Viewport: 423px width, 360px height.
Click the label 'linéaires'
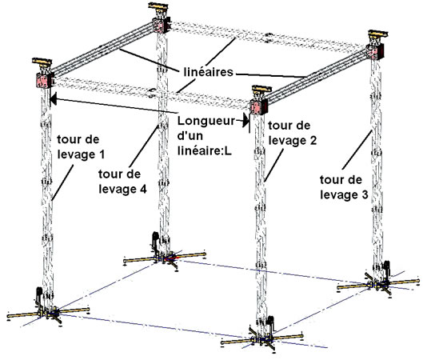point(208,72)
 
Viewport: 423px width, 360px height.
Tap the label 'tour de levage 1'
point(81,147)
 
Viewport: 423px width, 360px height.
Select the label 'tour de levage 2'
point(293,133)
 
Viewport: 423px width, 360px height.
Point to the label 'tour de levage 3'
point(344,187)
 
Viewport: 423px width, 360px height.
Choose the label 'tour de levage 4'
point(122,182)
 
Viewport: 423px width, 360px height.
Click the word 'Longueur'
point(206,121)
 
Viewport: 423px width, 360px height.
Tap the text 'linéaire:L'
point(205,151)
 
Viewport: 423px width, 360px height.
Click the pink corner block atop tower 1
point(43,81)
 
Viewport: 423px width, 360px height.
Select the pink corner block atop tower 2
point(258,107)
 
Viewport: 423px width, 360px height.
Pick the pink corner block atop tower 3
point(374,53)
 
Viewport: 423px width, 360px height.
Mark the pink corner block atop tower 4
point(162,26)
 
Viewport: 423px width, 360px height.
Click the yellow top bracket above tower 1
point(42,62)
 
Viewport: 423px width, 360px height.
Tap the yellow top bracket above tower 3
point(378,34)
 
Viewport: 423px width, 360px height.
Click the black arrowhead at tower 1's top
point(54,98)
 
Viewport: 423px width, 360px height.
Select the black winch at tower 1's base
point(38,295)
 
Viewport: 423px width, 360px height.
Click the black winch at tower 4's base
point(155,239)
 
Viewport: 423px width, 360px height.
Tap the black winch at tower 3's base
point(386,268)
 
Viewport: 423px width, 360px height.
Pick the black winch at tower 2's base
point(270,323)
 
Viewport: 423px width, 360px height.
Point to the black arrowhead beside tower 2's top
point(245,120)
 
